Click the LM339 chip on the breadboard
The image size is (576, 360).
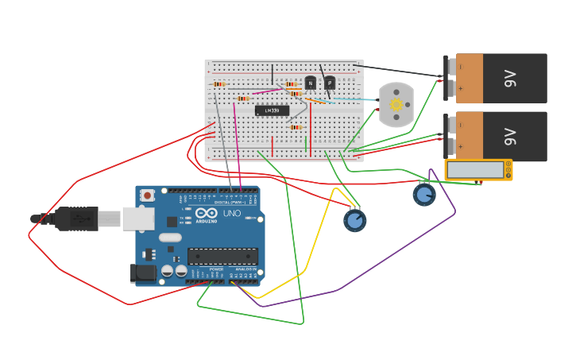[272, 110]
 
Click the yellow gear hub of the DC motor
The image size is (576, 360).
[396, 104]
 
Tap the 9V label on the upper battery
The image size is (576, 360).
[511, 79]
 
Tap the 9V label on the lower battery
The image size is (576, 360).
[511, 136]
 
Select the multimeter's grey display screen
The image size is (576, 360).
[476, 170]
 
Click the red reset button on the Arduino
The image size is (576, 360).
[148, 195]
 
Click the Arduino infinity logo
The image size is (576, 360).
[207, 212]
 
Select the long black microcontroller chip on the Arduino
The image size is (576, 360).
[222, 257]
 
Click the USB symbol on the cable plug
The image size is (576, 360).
[77, 218]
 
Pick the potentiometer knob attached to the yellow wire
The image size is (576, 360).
[354, 220]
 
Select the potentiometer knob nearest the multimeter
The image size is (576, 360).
[424, 194]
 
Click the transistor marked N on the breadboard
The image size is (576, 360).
[310, 83]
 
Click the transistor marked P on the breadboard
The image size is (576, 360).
[329, 83]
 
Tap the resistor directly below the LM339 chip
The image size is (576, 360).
[296, 127]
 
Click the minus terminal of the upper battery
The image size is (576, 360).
[450, 67]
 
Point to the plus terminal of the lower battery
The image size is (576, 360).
[450, 146]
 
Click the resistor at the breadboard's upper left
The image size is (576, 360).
[218, 83]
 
